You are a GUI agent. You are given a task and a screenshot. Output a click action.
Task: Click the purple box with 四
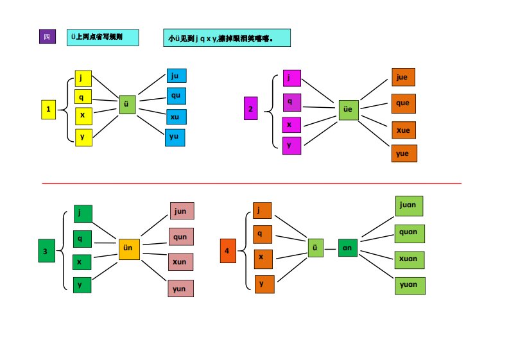click(x=47, y=37)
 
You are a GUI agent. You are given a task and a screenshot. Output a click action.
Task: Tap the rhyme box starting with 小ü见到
click(x=227, y=38)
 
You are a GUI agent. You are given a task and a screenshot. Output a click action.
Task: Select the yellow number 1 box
click(x=48, y=110)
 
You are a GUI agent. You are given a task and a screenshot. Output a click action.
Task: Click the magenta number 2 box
click(x=251, y=110)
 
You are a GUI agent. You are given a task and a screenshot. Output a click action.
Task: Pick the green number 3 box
click(x=45, y=251)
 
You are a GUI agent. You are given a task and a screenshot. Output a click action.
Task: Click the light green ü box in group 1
click(x=127, y=105)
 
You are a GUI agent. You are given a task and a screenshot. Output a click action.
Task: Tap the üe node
click(x=348, y=110)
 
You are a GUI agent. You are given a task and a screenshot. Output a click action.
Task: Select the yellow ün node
click(x=128, y=249)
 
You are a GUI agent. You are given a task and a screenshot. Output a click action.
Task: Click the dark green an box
click(x=348, y=247)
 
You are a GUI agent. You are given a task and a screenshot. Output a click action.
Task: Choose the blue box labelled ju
click(x=175, y=76)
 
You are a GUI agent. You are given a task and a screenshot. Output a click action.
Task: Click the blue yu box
click(x=175, y=137)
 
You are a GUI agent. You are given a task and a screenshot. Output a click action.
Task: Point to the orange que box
click(x=404, y=103)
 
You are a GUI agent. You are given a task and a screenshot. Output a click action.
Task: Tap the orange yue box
click(x=404, y=153)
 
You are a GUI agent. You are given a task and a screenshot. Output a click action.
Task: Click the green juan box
click(x=408, y=206)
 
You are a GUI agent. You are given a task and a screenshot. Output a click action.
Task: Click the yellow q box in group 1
click(x=83, y=97)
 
